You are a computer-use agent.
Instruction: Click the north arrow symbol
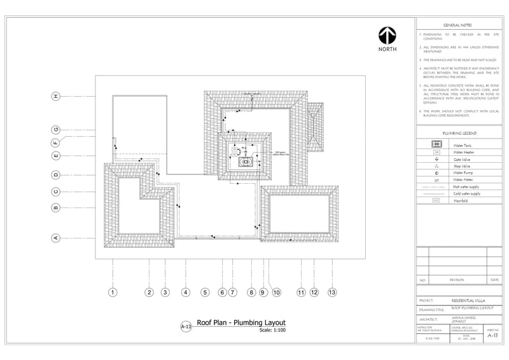tap(387, 36)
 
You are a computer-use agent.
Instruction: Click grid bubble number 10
tap(276, 293)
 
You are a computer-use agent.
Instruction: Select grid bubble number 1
tap(113, 293)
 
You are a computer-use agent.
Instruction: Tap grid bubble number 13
tap(331, 293)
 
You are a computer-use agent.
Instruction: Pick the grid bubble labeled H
tap(56, 96)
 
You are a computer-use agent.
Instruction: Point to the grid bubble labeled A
tap(56, 238)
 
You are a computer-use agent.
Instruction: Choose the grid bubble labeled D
tap(56, 174)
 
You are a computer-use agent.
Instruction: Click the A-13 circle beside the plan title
tap(186, 326)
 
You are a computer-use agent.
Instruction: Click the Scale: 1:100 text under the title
tap(272, 330)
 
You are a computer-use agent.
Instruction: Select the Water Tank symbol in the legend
tap(436, 146)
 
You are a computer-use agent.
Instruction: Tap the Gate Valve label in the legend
tap(461, 160)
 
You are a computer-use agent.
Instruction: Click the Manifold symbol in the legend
tap(436, 201)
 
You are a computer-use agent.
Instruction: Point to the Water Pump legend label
tap(463, 173)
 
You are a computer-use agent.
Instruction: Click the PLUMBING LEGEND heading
tap(459, 134)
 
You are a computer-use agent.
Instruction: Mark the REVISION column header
tap(457, 280)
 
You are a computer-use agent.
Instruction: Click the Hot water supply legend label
tap(466, 187)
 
